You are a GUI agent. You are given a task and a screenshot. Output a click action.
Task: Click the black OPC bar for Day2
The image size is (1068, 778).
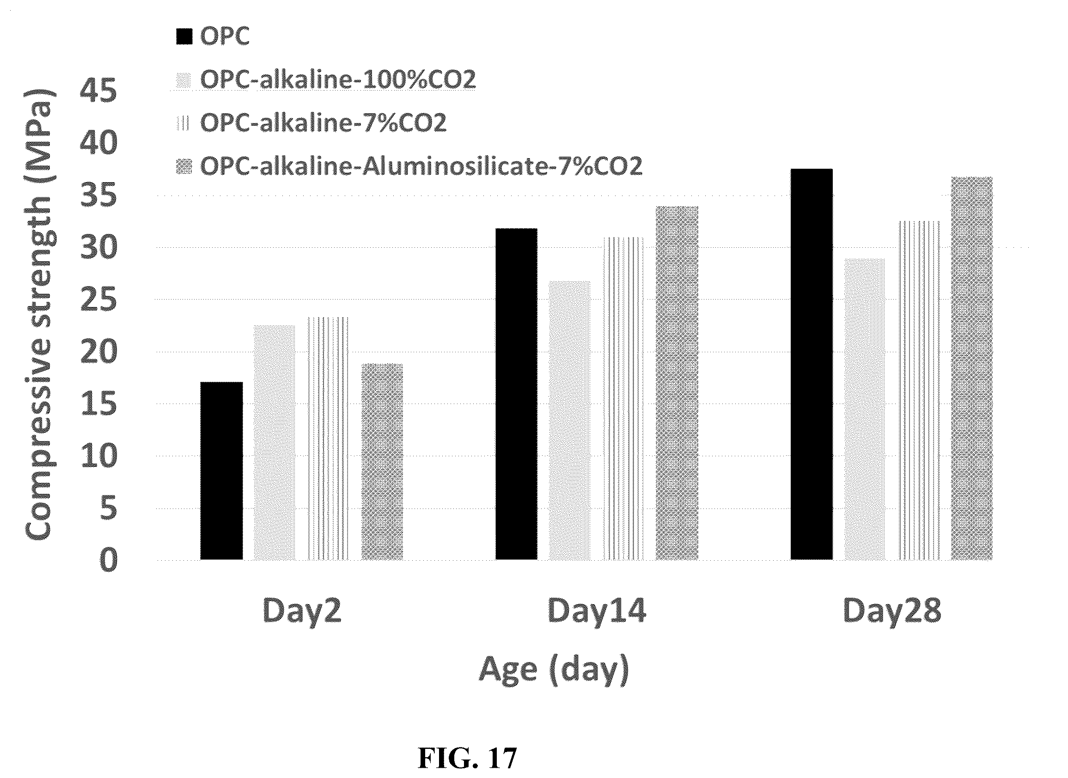point(221,471)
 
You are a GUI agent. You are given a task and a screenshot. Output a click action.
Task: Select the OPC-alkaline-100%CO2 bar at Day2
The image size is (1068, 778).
point(275,442)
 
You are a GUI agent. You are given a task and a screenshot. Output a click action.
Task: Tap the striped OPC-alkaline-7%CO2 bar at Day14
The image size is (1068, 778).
point(623,398)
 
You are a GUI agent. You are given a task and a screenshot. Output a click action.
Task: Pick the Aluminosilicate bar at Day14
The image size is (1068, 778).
point(677,383)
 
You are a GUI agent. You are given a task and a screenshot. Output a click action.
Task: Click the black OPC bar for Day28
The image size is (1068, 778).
point(812,364)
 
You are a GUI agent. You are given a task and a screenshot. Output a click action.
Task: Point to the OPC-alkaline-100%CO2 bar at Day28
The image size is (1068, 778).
point(865,409)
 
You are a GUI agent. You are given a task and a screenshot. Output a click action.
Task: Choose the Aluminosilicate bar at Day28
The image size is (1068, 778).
point(971,368)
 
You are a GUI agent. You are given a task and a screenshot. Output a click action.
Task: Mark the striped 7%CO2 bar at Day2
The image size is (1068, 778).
point(328,438)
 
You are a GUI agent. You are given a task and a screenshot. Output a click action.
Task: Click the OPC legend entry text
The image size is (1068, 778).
point(225,36)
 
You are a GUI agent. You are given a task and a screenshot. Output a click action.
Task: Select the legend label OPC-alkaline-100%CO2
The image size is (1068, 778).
point(338,80)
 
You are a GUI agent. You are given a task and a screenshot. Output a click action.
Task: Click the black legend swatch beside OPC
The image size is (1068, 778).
point(184,36)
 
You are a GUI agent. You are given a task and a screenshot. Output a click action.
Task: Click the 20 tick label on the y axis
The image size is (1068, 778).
point(98,351)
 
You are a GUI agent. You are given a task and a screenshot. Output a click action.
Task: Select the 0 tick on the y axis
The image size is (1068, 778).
point(108,560)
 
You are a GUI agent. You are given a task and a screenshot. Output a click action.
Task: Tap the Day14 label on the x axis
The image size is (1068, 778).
point(597,612)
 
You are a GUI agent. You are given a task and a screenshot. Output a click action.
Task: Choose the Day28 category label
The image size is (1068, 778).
point(892,612)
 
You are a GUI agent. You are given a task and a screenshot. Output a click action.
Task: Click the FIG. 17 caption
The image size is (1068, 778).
point(467,758)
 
